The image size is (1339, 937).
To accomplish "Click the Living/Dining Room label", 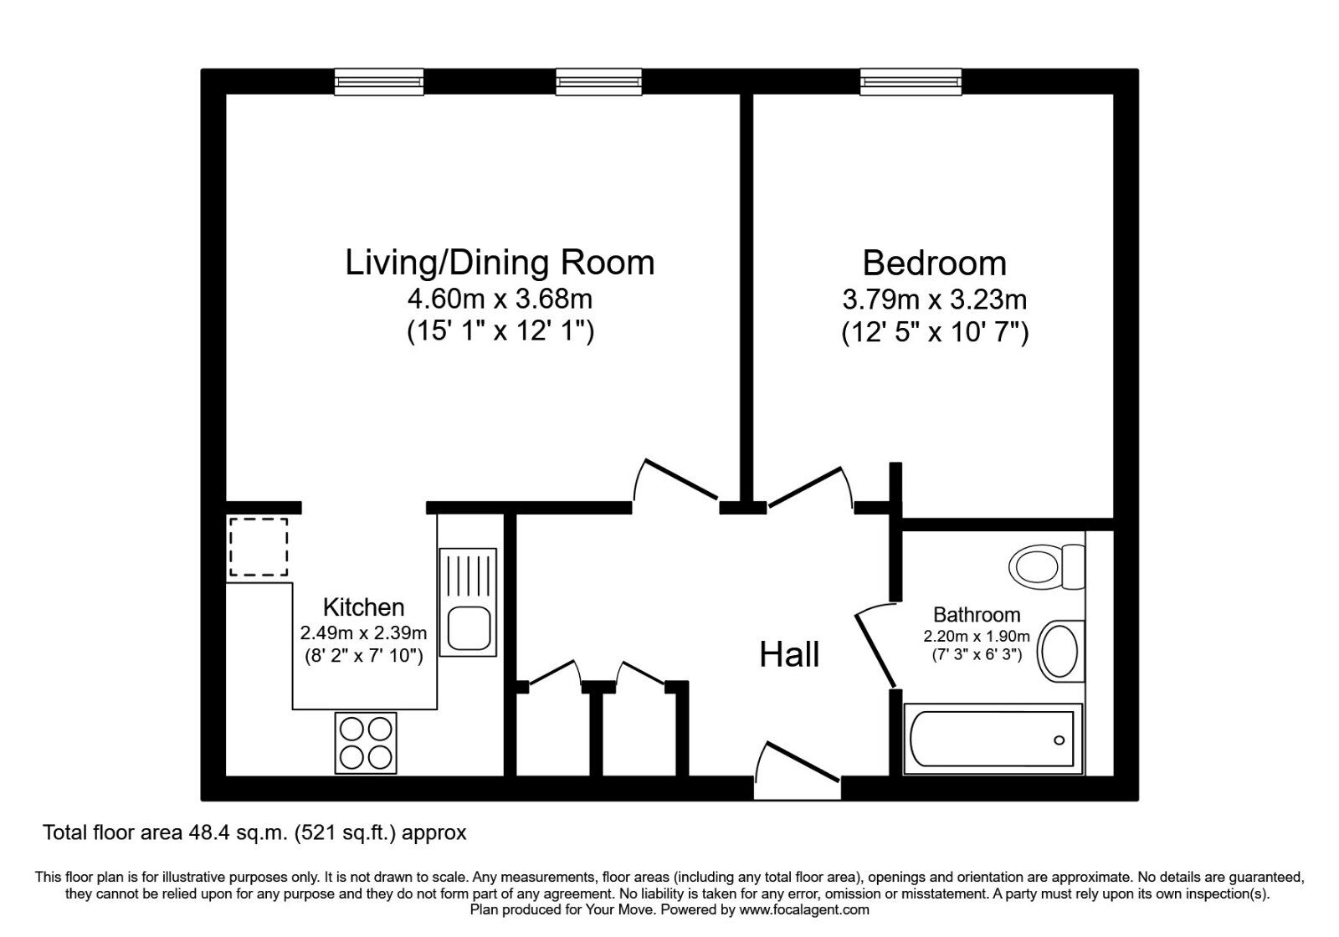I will coord(500,263).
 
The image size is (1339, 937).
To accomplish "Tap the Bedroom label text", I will coord(934,263).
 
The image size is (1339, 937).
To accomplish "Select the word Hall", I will coord(789,655).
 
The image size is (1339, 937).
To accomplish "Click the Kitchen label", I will coord(363,607).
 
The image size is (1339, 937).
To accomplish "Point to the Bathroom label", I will coord(977,615).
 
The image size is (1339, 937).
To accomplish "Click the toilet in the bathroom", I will coord(1046,566).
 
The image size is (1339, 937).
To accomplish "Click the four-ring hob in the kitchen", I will coord(366,743).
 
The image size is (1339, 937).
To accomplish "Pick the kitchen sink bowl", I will coord(467,627).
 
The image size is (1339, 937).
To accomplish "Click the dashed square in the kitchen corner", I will coord(259,547).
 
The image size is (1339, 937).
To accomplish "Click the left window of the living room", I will coord(378,80).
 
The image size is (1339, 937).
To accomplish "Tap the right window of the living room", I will coord(599,80).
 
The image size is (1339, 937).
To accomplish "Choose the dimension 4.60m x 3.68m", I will coord(500,299).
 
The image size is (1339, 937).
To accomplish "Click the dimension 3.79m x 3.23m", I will coord(934,299).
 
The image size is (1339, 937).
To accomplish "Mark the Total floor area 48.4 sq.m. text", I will coord(254,832).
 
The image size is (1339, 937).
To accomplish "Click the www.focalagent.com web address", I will coord(804,909).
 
